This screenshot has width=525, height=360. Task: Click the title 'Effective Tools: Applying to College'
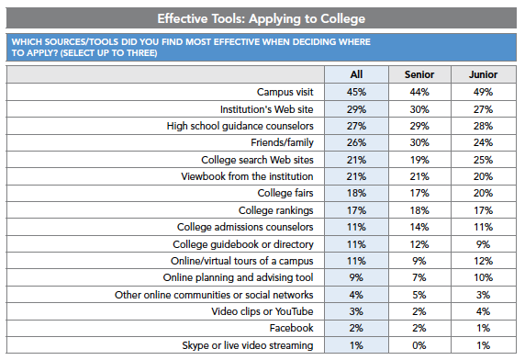pyautogui.click(x=262, y=17)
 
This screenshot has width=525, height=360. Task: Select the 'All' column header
pyautogui.click(x=358, y=73)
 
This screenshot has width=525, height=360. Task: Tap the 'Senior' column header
pyautogui.click(x=419, y=73)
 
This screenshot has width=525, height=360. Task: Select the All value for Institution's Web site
pyautogui.click(x=358, y=108)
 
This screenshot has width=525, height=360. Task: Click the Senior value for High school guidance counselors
pyautogui.click(x=419, y=125)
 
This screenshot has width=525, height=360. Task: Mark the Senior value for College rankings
pyautogui.click(x=419, y=208)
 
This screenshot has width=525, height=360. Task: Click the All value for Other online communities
pyautogui.click(x=358, y=294)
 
